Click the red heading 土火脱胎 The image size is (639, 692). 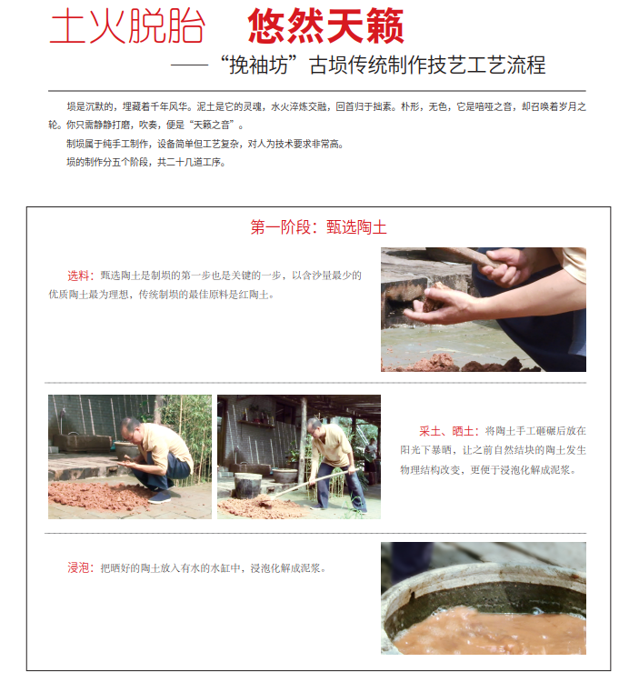[x=127, y=26]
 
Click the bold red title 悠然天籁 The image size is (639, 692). [x=325, y=26]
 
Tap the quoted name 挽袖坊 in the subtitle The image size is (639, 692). [x=259, y=65]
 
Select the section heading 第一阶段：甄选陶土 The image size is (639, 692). [x=319, y=227]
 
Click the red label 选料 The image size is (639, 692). [x=78, y=276]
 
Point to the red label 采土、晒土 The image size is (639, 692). [x=446, y=431]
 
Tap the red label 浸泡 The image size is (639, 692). [x=78, y=568]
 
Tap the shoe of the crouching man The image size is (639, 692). [x=160, y=497]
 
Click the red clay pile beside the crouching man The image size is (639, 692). [x=97, y=496]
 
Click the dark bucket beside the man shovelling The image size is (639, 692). [x=248, y=486]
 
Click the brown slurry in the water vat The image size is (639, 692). [x=490, y=630]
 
